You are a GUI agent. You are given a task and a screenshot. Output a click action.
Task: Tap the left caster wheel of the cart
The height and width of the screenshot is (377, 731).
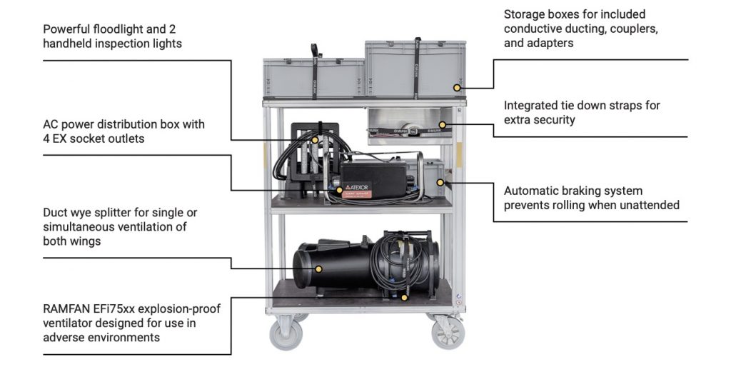point(285,333)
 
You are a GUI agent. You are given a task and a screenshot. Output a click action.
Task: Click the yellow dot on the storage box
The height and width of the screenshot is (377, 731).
point(457,88)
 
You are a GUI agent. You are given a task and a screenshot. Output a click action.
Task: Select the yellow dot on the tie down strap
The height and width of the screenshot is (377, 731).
point(443,125)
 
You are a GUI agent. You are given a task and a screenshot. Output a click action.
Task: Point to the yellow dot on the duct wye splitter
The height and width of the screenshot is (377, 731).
point(319,269)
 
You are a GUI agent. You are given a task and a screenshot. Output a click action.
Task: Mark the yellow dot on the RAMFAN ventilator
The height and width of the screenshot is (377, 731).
point(404,296)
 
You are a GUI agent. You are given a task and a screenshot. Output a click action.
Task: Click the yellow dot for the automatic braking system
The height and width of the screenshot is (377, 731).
point(440,182)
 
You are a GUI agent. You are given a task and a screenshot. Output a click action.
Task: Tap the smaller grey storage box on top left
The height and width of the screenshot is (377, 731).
point(313,77)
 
